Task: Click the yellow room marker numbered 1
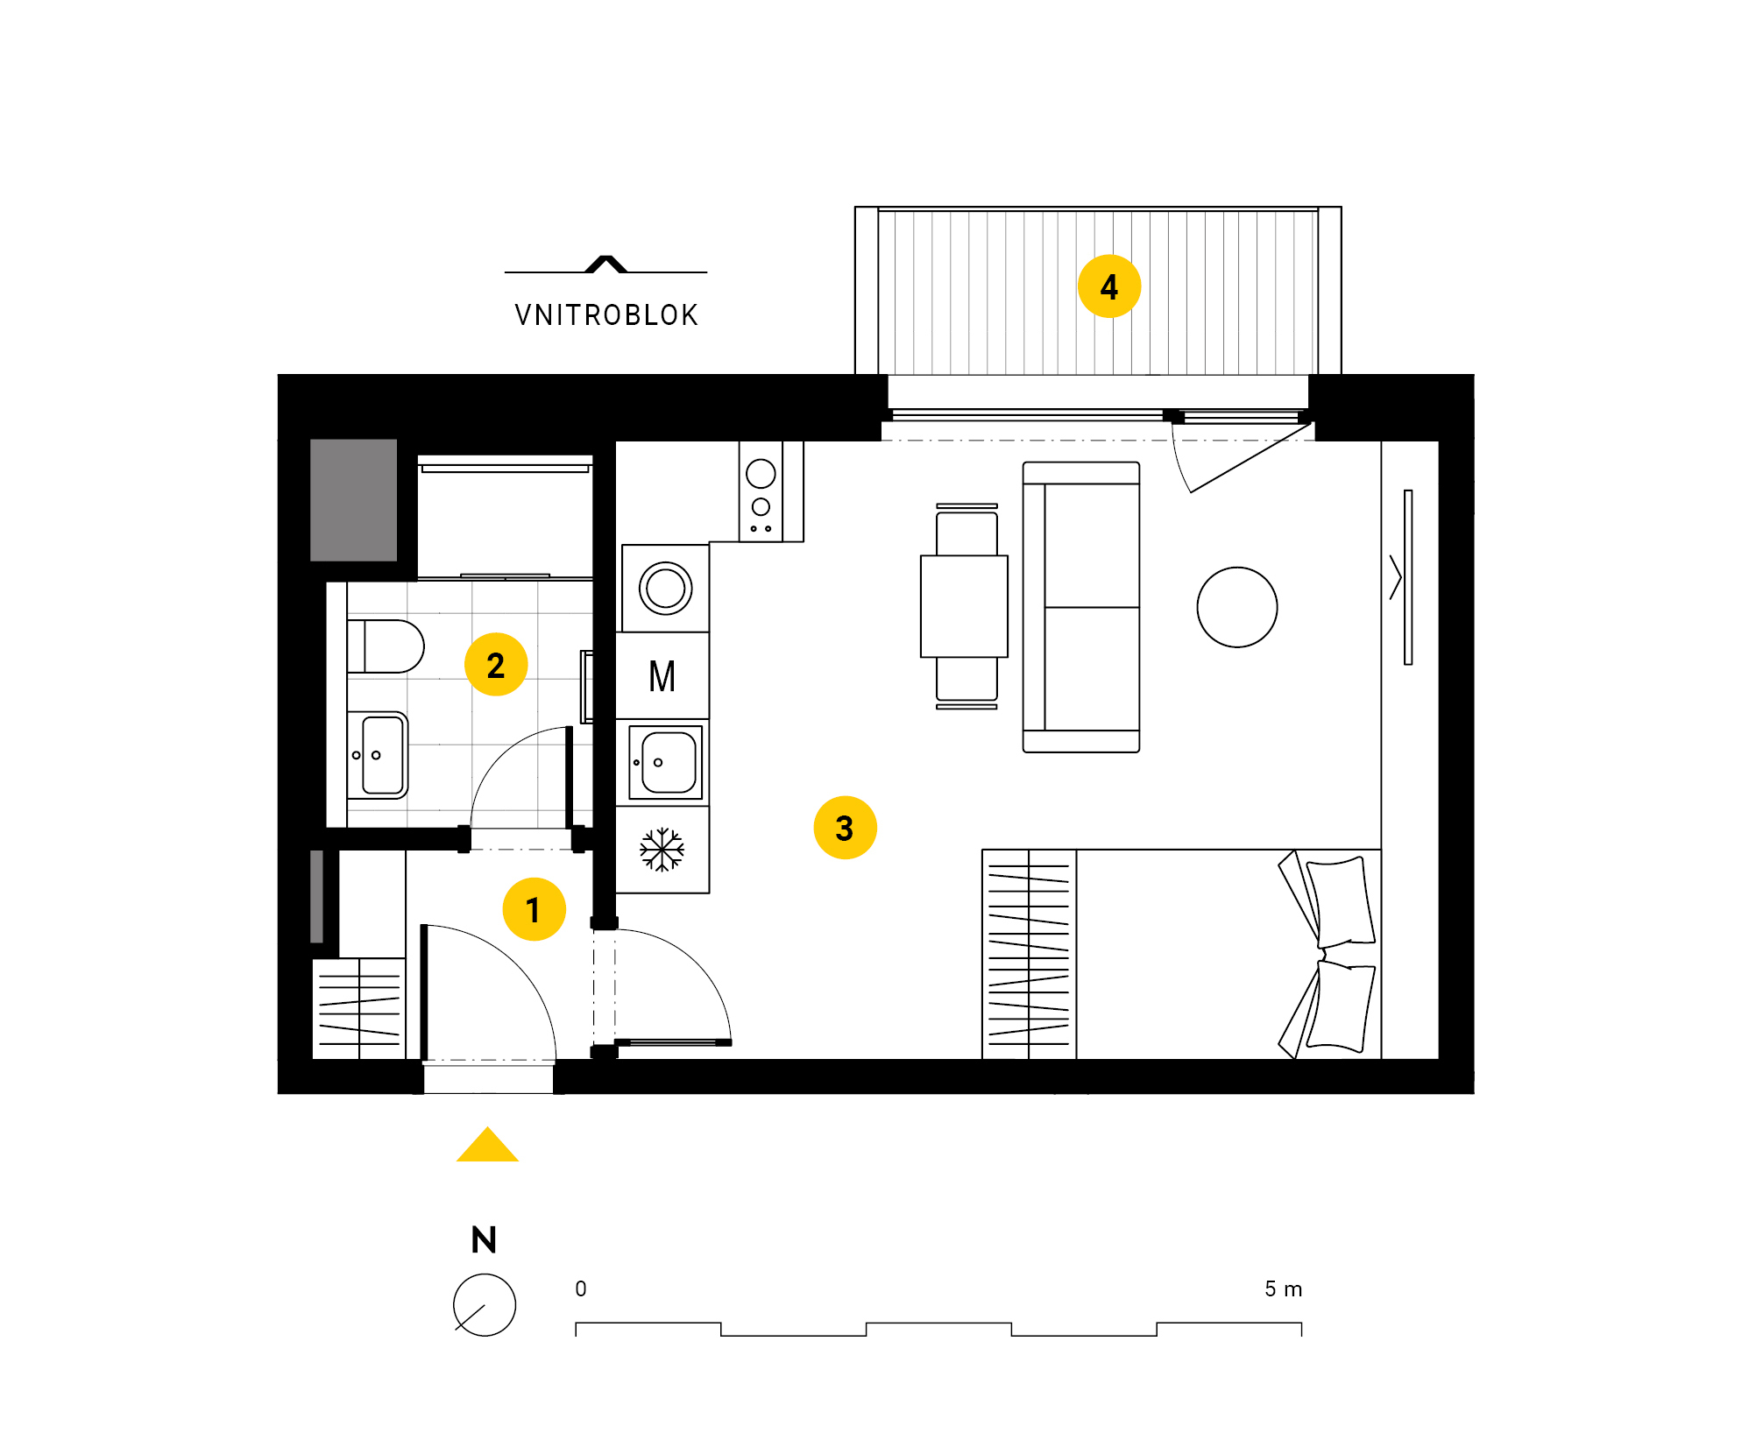[x=534, y=909]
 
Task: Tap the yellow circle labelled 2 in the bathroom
[x=496, y=665]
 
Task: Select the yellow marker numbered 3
[x=845, y=828]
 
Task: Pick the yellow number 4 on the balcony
[x=1109, y=286]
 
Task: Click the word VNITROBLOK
[x=606, y=315]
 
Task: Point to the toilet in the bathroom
[x=386, y=646]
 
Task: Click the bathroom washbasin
[x=378, y=755]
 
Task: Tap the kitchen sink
[x=666, y=762]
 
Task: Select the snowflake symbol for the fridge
[x=662, y=850]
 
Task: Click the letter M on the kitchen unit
[x=662, y=676]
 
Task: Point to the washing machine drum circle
[x=666, y=588]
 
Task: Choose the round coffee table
[x=1237, y=607]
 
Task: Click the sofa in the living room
[x=1081, y=607]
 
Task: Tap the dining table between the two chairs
[x=964, y=606]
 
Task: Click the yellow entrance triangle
[x=488, y=1144]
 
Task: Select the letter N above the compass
[x=484, y=1239]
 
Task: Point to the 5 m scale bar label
[x=1284, y=1288]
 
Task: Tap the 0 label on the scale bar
[x=581, y=1288]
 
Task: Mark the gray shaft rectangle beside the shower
[x=354, y=500]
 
